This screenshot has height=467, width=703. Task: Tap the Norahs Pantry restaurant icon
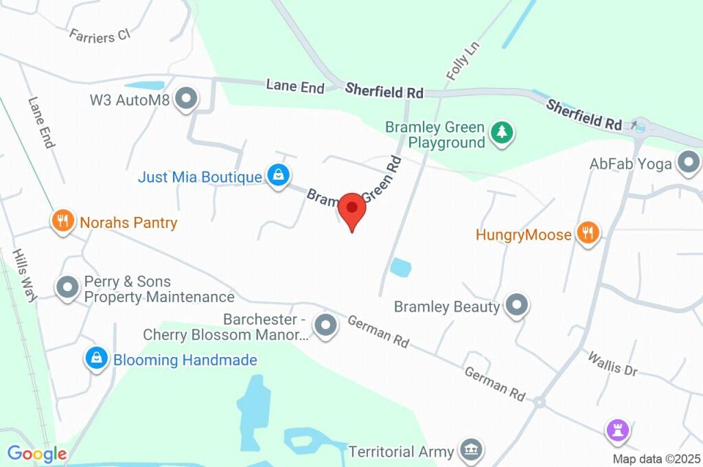pyautogui.click(x=63, y=221)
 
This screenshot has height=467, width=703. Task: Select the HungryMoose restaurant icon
pyautogui.click(x=587, y=233)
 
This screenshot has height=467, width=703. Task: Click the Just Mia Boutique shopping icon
pyautogui.click(x=277, y=174)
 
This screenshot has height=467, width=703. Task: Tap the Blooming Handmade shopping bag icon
pyautogui.click(x=97, y=358)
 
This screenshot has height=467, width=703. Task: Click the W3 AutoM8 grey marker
pyautogui.click(x=186, y=100)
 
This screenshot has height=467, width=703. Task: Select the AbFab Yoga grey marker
pyautogui.click(x=687, y=163)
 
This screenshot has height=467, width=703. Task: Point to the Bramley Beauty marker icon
pyautogui.click(x=516, y=305)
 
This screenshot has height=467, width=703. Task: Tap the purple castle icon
pyautogui.click(x=618, y=431)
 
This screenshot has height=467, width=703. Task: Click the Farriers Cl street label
pyautogui.click(x=100, y=34)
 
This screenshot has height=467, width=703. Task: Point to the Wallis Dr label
pyautogui.click(x=612, y=363)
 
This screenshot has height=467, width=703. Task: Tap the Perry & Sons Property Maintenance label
pyautogui.click(x=159, y=289)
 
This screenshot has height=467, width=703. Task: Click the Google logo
pyautogui.click(x=37, y=453)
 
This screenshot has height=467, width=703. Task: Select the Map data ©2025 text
pyautogui.click(x=656, y=459)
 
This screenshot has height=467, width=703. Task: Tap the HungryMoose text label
pyautogui.click(x=523, y=235)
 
